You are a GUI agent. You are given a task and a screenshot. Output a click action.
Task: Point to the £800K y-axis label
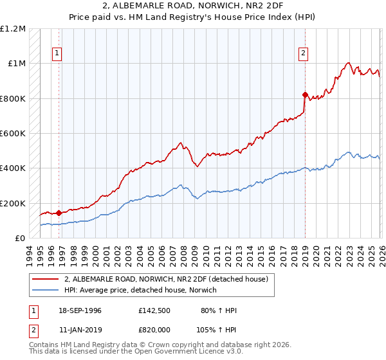tap(13, 99)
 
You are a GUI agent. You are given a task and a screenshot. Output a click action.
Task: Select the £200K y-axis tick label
tap(13, 203)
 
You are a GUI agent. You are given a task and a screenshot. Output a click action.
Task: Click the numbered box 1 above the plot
tap(58, 53)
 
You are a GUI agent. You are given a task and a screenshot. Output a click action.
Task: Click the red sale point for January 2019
tap(305, 94)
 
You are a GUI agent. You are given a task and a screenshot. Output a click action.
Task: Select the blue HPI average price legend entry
tap(141, 290)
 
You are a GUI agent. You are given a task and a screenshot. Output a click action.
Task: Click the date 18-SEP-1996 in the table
tap(80, 310)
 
